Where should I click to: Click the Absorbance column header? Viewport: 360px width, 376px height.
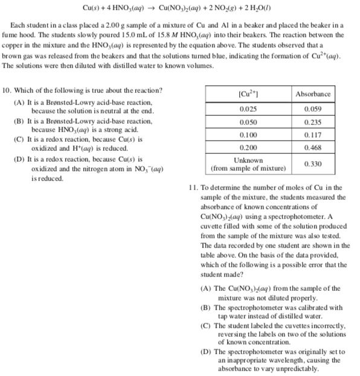click(x=313, y=94)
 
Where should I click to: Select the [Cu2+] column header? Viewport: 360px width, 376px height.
click(x=249, y=94)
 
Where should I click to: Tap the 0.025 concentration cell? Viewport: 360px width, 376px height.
click(x=249, y=109)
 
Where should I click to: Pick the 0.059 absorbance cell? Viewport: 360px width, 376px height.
click(x=313, y=109)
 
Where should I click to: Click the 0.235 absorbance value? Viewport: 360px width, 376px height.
click(x=313, y=122)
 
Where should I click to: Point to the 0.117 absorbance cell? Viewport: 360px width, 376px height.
click(x=313, y=135)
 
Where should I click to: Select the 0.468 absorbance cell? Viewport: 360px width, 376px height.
click(x=313, y=147)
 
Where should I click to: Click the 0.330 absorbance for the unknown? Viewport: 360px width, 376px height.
click(x=313, y=164)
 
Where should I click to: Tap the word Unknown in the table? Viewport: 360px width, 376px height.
click(x=248, y=160)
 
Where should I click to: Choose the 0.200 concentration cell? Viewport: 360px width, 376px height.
click(x=249, y=147)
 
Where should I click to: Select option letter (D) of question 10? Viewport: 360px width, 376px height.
click(x=18, y=161)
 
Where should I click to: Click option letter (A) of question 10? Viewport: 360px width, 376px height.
click(x=18, y=103)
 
